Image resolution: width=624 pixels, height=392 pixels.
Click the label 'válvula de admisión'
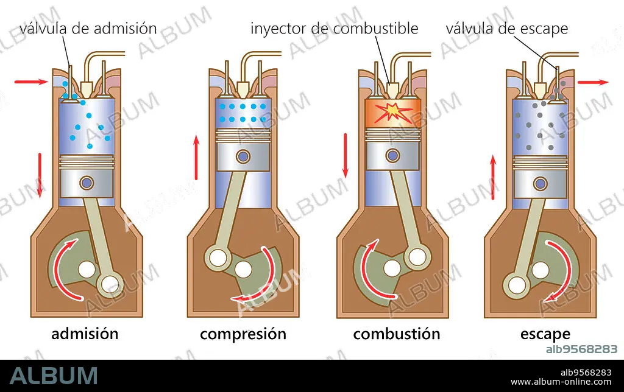click(88, 28)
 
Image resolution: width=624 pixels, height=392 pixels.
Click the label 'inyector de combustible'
click(335, 28)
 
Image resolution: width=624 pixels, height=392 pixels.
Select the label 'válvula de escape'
click(507, 28)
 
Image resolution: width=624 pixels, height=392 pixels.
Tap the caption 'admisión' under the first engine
click(85, 334)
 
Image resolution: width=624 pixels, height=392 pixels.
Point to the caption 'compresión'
click(243, 334)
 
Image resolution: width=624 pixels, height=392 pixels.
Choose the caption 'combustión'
click(396, 334)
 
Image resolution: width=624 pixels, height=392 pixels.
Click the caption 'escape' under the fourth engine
click(545, 334)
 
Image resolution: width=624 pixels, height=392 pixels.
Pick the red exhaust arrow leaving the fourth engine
click(593, 82)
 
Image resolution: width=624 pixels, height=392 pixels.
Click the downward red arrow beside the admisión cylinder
click(40, 175)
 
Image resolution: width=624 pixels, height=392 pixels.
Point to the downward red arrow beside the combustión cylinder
click(345, 155)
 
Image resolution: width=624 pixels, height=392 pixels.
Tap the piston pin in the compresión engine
click(243, 156)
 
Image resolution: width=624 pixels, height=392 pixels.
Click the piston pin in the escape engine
click(540, 183)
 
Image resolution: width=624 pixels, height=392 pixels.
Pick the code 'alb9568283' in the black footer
click(581, 373)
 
